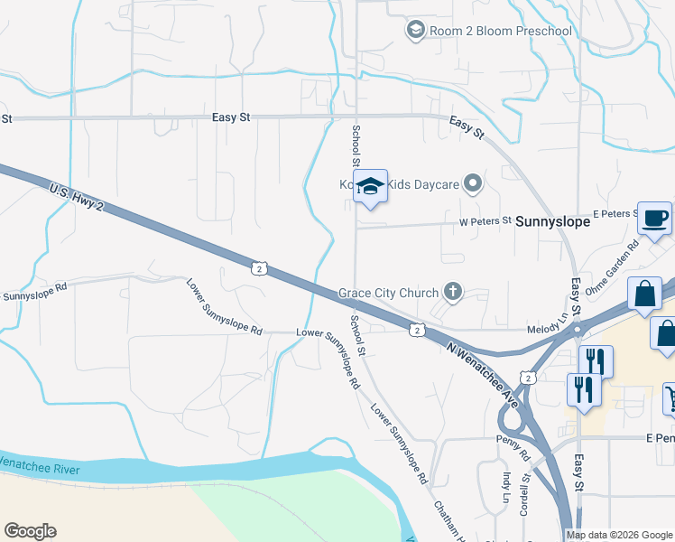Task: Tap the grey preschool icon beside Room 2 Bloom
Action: tap(415, 31)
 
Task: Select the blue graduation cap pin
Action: tap(370, 187)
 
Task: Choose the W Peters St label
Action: tap(485, 220)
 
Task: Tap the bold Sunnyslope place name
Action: tap(552, 220)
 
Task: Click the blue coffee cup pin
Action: tap(655, 219)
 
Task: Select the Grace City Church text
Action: tap(388, 293)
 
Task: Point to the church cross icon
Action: tap(453, 292)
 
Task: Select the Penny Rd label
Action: tap(512, 443)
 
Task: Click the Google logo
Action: tap(30, 531)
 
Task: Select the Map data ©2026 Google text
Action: tap(619, 535)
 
